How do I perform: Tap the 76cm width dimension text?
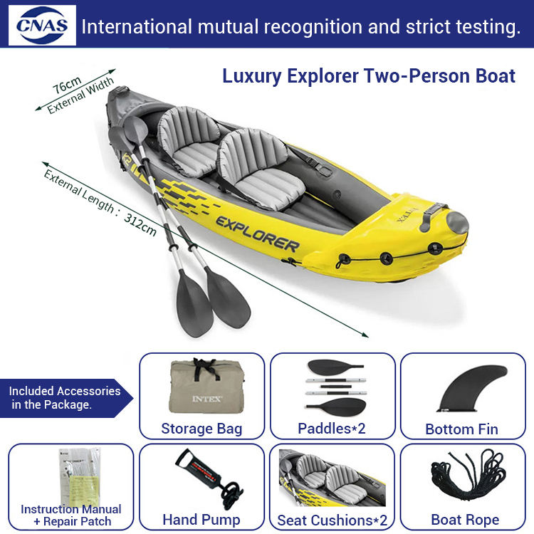[67, 85]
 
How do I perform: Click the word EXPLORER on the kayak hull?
[258, 233]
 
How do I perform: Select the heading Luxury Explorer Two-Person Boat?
[369, 76]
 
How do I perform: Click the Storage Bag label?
[201, 429]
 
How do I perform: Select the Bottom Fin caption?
[461, 429]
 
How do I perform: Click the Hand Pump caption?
[201, 519]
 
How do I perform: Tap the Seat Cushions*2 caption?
[333, 520]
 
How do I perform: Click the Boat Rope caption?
[466, 520]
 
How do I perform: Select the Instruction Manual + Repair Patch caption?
[71, 515]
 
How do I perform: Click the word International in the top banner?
[135, 27]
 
